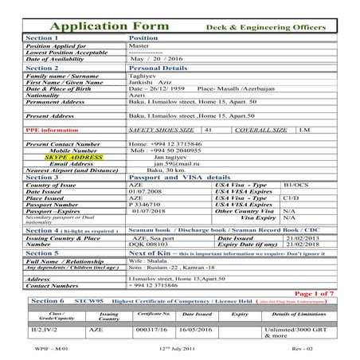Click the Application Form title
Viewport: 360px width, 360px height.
[119, 23]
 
